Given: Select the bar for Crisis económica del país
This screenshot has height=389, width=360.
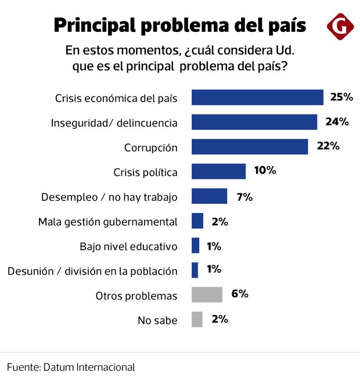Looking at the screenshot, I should click(257, 98).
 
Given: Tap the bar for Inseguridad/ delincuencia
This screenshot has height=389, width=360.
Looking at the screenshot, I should click(254, 122).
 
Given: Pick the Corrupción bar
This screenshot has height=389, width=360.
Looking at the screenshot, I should click(250, 147).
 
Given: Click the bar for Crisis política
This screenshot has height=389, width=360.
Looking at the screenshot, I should click(218, 171).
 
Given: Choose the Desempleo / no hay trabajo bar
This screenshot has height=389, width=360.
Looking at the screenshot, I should click(209, 196).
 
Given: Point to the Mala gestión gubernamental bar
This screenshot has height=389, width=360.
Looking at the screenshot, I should click(197, 221).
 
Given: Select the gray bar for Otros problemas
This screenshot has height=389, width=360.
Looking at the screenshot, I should click(207, 294).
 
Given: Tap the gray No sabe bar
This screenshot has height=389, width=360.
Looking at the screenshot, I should click(197, 319).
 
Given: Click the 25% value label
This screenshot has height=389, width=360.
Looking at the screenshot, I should click(341, 97).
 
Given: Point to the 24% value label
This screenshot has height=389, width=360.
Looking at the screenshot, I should click(336, 122).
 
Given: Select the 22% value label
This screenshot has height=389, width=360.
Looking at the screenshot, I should click(327, 146).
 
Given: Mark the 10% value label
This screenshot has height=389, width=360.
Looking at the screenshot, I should click(264, 171).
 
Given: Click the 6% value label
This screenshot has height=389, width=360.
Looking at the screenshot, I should click(239, 294).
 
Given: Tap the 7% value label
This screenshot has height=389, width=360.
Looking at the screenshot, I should click(244, 196).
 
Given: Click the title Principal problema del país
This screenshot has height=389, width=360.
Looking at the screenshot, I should click(179, 26).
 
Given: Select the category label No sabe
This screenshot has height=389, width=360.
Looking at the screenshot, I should click(157, 320).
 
